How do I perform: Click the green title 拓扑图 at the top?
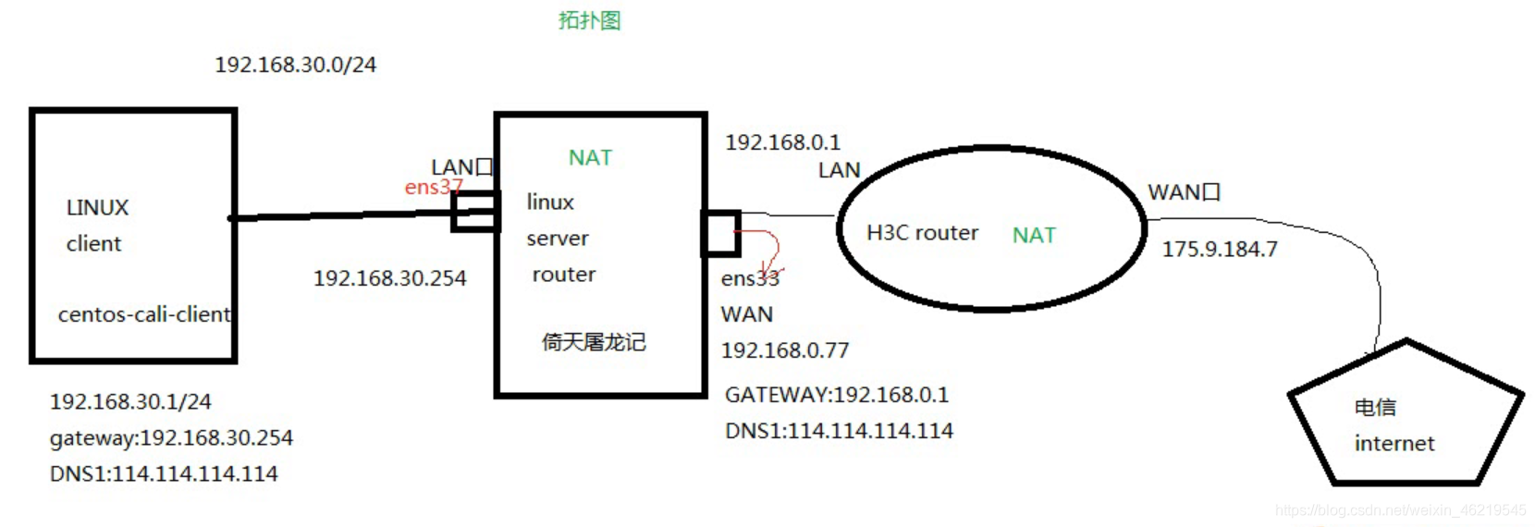589,20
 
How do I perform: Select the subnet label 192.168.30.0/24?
295,65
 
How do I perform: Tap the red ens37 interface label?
433,188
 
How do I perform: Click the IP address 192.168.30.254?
389,278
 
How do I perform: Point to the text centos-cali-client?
143,314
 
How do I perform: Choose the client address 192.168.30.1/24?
130,401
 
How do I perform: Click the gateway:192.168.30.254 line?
171,437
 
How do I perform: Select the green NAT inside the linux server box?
590,158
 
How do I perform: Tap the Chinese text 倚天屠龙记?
594,342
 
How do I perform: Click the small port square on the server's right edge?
720,233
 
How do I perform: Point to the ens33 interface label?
750,278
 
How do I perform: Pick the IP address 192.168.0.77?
785,350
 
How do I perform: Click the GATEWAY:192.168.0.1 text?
837,395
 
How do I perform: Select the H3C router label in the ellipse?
922,233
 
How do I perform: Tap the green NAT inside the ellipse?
1034,236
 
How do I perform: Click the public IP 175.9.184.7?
1220,250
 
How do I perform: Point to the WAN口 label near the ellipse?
1185,192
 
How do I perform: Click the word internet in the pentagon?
1394,444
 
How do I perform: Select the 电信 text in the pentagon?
1375,408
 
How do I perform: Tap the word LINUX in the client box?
97,208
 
